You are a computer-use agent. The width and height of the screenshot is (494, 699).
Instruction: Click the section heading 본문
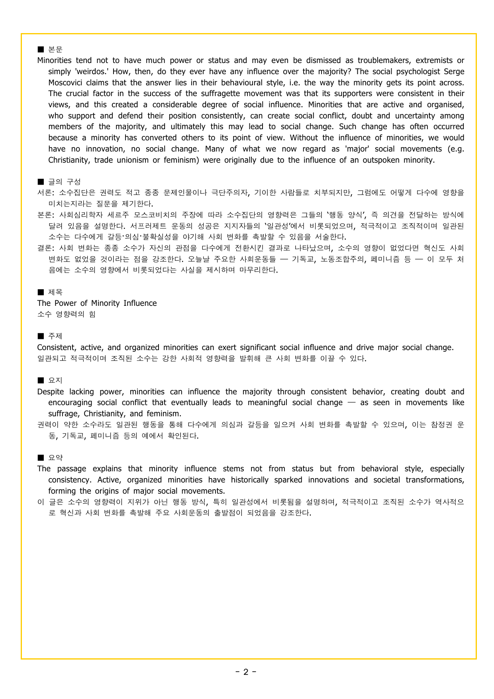(55, 49)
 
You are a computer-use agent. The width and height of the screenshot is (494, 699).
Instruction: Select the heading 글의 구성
(64, 182)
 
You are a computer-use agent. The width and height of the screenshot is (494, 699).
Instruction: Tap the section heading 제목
(55, 292)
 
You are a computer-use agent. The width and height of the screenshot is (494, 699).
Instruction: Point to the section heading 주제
(55, 336)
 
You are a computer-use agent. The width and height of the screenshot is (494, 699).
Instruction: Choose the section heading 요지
(55, 380)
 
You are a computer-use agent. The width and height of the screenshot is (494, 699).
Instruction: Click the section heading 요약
(55, 458)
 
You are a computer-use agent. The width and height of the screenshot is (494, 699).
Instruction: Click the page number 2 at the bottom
(246, 672)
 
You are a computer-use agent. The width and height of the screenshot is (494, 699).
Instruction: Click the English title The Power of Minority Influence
(97, 303)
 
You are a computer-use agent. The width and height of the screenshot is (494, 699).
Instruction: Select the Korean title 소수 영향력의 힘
(66, 314)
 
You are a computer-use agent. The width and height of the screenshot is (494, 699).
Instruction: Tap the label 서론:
(45, 193)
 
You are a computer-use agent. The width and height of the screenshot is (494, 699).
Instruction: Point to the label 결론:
(45, 248)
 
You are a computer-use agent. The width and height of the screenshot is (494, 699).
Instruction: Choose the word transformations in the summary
(435, 480)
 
